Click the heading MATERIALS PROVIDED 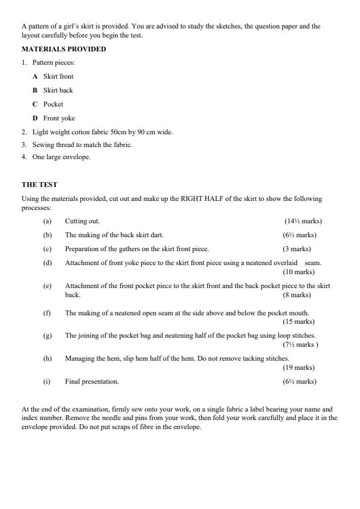pyautogui.click(x=64, y=49)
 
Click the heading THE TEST pyautogui.click(x=39, y=185)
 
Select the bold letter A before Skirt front pyautogui.click(x=35, y=76)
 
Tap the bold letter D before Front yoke pyautogui.click(x=35, y=118)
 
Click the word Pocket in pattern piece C pyautogui.click(x=53, y=104)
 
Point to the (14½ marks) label pyautogui.click(x=303, y=221)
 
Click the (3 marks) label pyautogui.click(x=296, y=249)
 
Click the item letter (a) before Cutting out pyautogui.click(x=47, y=221)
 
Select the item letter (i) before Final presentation pyautogui.click(x=47, y=381)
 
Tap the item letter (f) pyautogui.click(x=47, y=313)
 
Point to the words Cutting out pyautogui.click(x=82, y=221)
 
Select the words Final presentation pyautogui.click(x=92, y=381)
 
